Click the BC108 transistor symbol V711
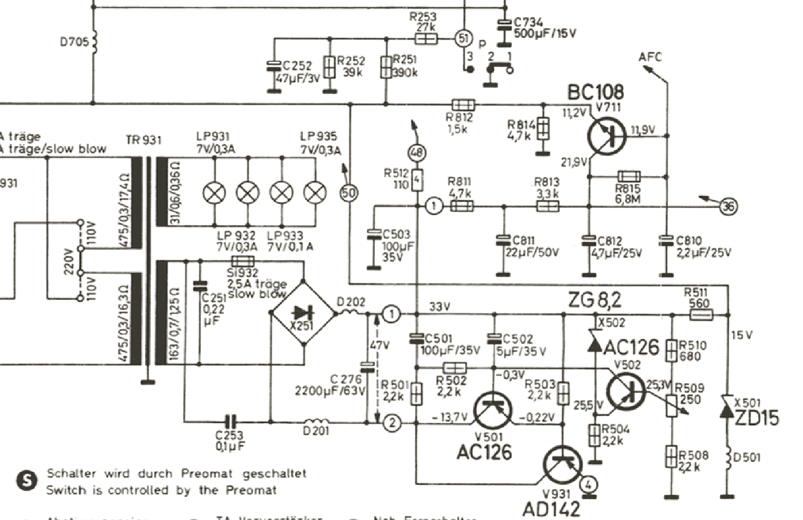607,135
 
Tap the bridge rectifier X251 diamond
303,314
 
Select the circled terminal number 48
417,153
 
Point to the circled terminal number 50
349,194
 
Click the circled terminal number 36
728,206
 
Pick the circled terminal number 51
463,38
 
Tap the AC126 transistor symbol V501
492,409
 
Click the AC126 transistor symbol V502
626,390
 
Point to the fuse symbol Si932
243,261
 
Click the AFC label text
650,57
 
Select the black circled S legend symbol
26,481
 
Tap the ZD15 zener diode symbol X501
727,409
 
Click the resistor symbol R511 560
700,315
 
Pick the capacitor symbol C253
230,422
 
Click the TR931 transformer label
144,140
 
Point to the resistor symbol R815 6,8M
629,177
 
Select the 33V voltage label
440,307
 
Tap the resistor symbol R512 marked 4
417,181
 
